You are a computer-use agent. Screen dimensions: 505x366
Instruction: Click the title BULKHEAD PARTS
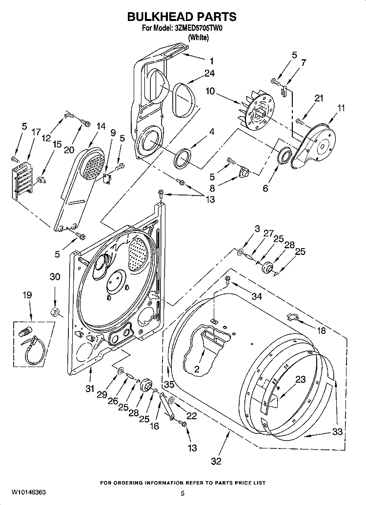click(x=182, y=17)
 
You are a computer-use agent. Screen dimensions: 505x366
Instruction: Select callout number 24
click(x=210, y=74)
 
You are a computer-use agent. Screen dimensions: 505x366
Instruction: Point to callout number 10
click(x=210, y=91)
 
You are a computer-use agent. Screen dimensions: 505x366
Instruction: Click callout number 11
click(x=341, y=108)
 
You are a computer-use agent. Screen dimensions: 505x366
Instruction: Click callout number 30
click(x=55, y=277)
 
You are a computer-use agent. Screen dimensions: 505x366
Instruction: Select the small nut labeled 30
click(x=55, y=311)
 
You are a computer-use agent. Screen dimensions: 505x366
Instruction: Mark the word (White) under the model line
click(x=198, y=39)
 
